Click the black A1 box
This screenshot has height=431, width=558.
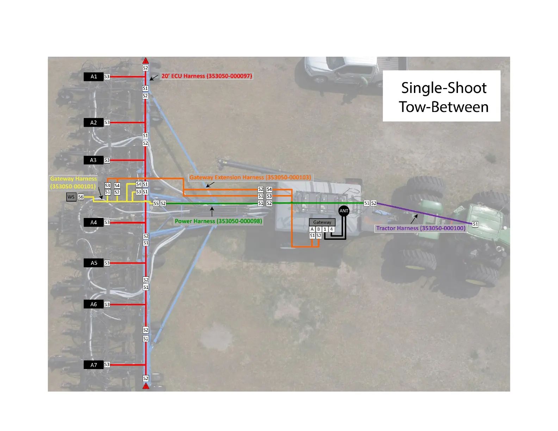[93, 76]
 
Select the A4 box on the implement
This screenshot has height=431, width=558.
[93, 223]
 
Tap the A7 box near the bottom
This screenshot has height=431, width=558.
[93, 365]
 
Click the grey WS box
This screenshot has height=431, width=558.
[71, 197]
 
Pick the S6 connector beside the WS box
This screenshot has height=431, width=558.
[81, 197]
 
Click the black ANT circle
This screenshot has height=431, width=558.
[344, 211]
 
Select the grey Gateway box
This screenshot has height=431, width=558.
[322, 222]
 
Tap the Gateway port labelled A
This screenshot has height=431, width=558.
[312, 229]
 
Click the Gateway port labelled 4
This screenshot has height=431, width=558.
[331, 229]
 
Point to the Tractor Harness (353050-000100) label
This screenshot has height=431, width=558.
[421, 228]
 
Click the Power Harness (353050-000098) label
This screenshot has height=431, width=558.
[218, 221]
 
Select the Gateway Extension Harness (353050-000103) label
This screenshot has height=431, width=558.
[250, 177]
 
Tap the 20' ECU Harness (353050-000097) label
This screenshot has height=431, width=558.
[207, 76]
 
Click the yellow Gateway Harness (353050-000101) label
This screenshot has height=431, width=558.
[73, 183]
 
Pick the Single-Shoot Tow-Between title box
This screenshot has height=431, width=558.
[441, 96]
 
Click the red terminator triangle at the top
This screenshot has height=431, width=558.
[145, 61]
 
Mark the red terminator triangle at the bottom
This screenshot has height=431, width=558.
[146, 386]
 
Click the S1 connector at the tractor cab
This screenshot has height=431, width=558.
[475, 224]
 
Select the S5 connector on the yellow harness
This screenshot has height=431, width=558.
[156, 204]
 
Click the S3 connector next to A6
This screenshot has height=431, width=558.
[107, 304]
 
